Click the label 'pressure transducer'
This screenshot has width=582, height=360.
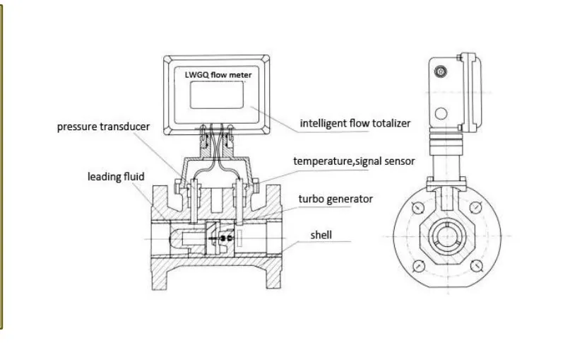103,127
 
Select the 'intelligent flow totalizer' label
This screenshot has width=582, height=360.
355,123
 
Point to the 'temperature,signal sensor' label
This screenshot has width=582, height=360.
354,161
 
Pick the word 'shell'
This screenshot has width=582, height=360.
321,235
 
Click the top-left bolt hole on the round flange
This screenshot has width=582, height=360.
418,208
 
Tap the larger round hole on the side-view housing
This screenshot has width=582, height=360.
443,112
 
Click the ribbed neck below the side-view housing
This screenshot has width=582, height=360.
447,148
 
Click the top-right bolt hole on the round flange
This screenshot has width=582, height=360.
477,208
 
